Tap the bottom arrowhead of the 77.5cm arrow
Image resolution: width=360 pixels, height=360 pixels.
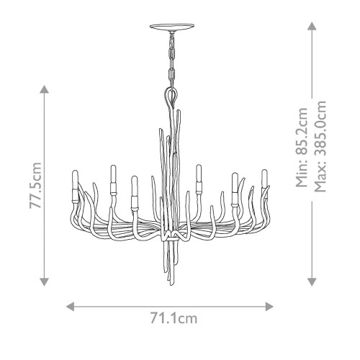45,282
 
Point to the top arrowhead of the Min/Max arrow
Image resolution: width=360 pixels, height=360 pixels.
311,26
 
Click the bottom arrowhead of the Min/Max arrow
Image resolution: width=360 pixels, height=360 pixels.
311,282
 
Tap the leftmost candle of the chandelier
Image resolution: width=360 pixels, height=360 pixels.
74,186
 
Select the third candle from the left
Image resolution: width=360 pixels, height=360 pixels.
134,189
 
